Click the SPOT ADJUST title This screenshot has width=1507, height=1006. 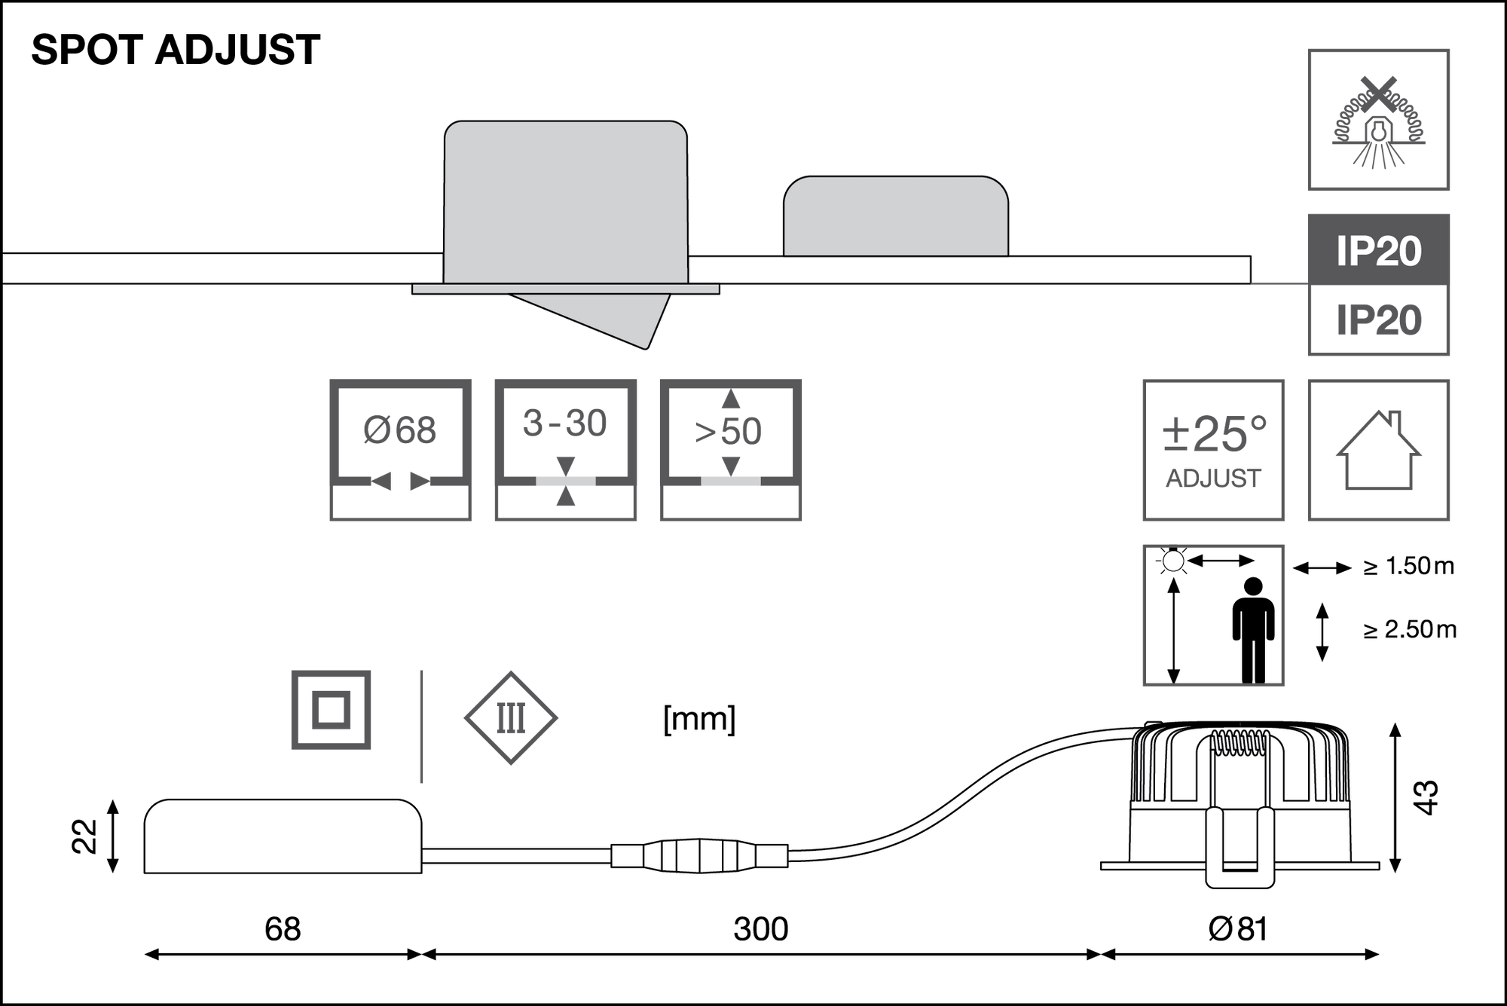176,50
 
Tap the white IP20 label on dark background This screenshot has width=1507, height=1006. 1378,251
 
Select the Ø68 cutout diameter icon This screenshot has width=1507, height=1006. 400,450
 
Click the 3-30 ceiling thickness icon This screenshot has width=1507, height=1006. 565,450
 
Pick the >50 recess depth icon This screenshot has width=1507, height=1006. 730,450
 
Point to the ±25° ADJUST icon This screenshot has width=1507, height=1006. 1213,450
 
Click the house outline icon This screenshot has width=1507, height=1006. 1379,450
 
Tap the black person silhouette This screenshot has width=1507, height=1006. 1253,629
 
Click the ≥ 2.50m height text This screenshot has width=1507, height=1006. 1409,629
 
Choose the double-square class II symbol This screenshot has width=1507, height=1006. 332,710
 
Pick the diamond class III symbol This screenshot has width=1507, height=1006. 511,718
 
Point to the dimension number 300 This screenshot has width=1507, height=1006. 760,929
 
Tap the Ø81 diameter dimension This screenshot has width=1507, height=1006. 1238,929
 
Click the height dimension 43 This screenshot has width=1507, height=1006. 1426,797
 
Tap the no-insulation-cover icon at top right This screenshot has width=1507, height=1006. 1379,119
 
